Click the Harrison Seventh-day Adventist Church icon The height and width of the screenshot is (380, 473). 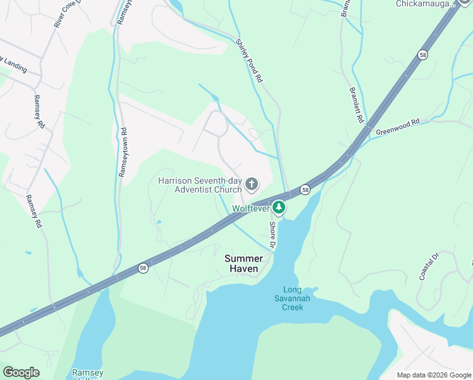tap(252, 184)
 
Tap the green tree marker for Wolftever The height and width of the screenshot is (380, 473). tap(279, 207)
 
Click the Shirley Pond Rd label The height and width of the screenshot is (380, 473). tap(249, 61)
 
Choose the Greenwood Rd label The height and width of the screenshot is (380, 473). tap(398, 127)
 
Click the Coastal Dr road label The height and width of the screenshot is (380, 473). tap(429, 267)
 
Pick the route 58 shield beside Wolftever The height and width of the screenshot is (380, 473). tap(305, 189)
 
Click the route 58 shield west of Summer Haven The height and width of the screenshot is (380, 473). tap(143, 268)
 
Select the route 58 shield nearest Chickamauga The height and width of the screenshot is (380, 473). tap(422, 56)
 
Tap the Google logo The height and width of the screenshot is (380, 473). tap(21, 372)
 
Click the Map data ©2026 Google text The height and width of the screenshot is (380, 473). tap(433, 375)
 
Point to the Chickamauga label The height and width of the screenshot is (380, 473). tap(426, 4)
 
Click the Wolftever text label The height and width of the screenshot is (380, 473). tap(251, 208)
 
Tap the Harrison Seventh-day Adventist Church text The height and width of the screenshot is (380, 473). tap(200, 184)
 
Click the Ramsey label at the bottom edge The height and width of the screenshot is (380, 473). tap(87, 373)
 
